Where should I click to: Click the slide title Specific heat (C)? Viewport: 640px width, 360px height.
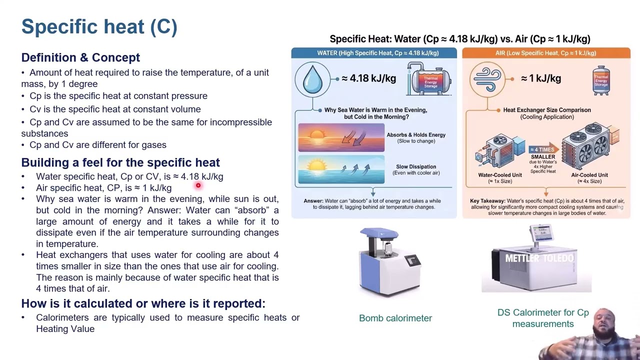[99, 27]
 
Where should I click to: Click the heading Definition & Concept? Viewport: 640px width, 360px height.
[80, 57]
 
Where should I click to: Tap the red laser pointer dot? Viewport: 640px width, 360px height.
[198, 185]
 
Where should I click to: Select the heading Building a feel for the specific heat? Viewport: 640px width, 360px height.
[120, 162]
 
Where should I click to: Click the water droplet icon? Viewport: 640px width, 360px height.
[312, 78]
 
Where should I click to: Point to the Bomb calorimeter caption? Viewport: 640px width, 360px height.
[395, 318]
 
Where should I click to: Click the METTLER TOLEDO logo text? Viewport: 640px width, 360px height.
[539, 258]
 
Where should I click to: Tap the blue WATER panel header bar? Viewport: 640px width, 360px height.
[374, 53]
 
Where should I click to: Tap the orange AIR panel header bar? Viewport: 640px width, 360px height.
[546, 53]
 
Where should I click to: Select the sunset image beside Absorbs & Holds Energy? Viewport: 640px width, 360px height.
[341, 137]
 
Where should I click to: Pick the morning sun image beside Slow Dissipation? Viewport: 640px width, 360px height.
[341, 169]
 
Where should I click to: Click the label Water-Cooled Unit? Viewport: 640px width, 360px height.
[500, 175]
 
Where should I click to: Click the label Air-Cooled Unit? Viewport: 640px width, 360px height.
[589, 175]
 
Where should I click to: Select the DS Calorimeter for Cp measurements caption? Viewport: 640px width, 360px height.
[543, 318]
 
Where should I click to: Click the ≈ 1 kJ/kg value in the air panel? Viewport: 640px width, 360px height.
[540, 78]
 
